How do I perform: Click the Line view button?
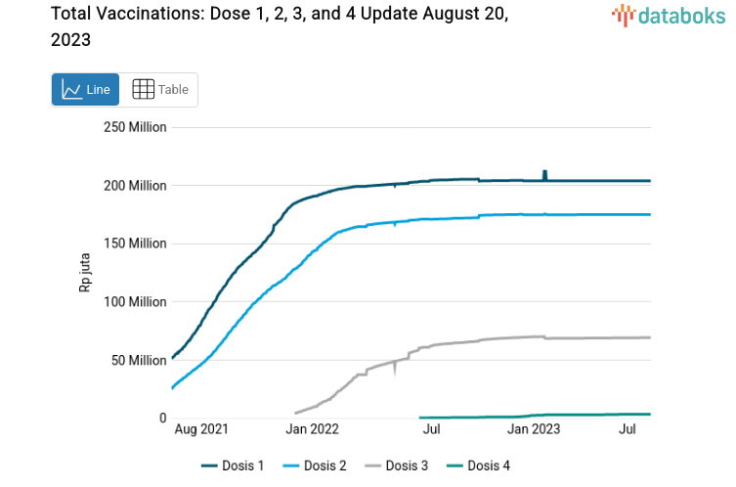tap(86, 89)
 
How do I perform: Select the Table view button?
tap(159, 89)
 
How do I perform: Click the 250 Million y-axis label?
tap(135, 127)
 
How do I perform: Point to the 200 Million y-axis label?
tap(135, 186)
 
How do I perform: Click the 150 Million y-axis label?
tap(135, 243)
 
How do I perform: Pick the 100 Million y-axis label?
tap(135, 301)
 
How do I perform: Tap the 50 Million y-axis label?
tap(139, 360)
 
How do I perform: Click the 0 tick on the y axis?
tap(162, 418)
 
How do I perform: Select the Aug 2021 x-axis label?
tap(200, 429)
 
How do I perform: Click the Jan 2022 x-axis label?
tap(312, 429)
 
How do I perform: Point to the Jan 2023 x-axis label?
tap(534, 429)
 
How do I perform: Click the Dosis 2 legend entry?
tap(315, 465)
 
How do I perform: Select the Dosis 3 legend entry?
tap(396, 465)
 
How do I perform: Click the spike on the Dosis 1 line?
tap(544, 174)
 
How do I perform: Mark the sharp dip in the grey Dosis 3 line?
tap(396, 370)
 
